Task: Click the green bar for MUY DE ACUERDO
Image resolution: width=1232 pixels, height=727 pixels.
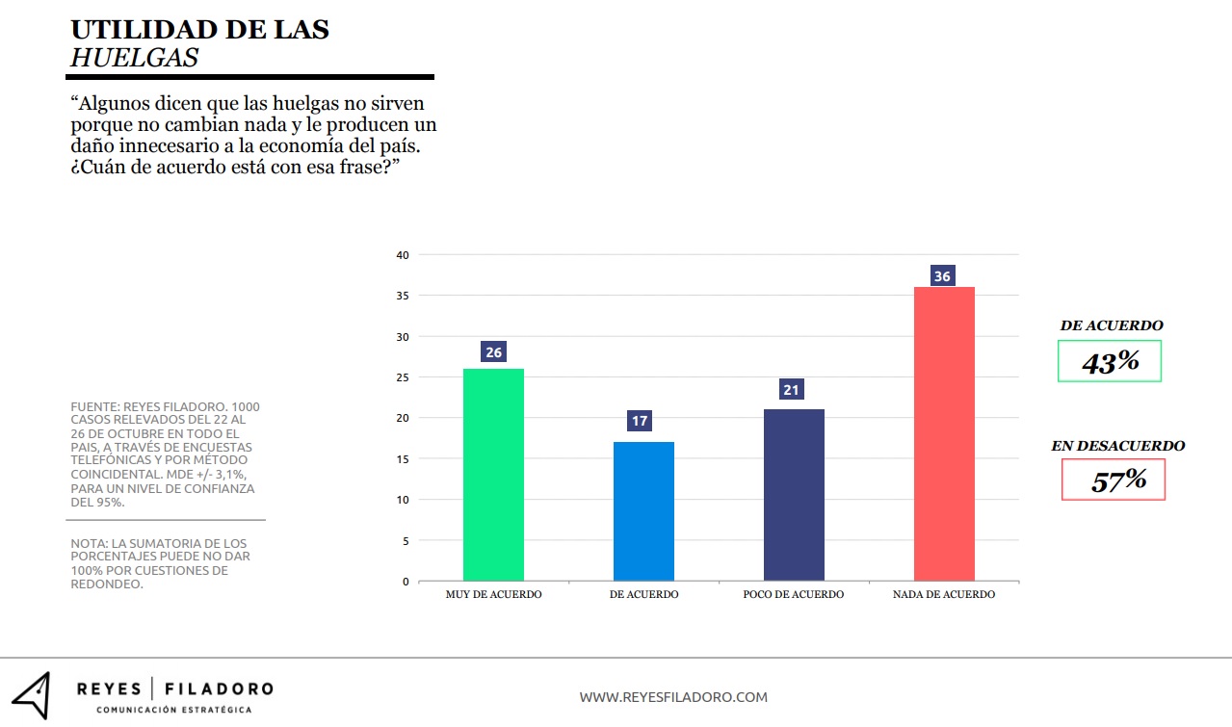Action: point(493,475)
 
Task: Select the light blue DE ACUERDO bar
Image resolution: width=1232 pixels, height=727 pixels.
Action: point(643,511)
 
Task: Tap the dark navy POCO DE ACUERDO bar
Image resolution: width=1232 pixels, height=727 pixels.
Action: point(794,495)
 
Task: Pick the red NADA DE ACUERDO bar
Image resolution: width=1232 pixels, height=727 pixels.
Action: point(943,434)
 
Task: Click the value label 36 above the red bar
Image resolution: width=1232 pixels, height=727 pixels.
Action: point(942,276)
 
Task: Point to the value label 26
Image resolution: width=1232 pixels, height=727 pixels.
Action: point(493,352)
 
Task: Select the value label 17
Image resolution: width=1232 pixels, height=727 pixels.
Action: point(640,421)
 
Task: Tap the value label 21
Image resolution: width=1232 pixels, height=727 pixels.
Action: point(792,390)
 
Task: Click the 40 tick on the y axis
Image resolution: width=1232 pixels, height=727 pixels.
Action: point(403,255)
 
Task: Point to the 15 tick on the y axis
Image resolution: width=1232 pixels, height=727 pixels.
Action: point(403,459)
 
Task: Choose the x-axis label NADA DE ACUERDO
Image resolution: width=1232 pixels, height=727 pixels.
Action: point(944,595)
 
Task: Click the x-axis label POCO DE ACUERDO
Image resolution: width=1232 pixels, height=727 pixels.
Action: point(794,595)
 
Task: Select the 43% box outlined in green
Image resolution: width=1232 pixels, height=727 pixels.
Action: point(1110,362)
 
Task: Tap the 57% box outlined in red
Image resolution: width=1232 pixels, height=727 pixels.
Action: point(1114,480)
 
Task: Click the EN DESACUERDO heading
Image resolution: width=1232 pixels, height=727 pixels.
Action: point(1117,446)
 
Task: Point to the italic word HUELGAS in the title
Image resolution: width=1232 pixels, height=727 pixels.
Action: point(135,58)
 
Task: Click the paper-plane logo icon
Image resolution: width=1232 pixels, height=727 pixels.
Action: point(31,694)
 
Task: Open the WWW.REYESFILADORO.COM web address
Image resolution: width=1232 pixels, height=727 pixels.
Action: point(673,697)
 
